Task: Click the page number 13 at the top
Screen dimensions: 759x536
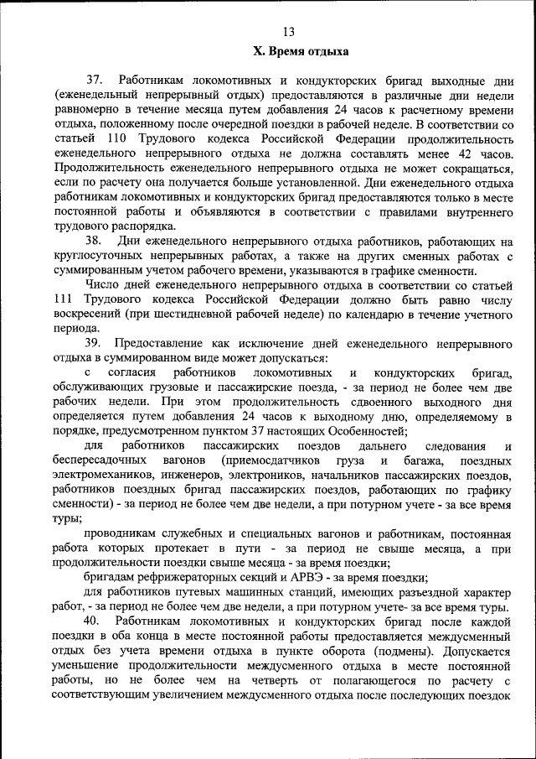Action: [289, 33]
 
